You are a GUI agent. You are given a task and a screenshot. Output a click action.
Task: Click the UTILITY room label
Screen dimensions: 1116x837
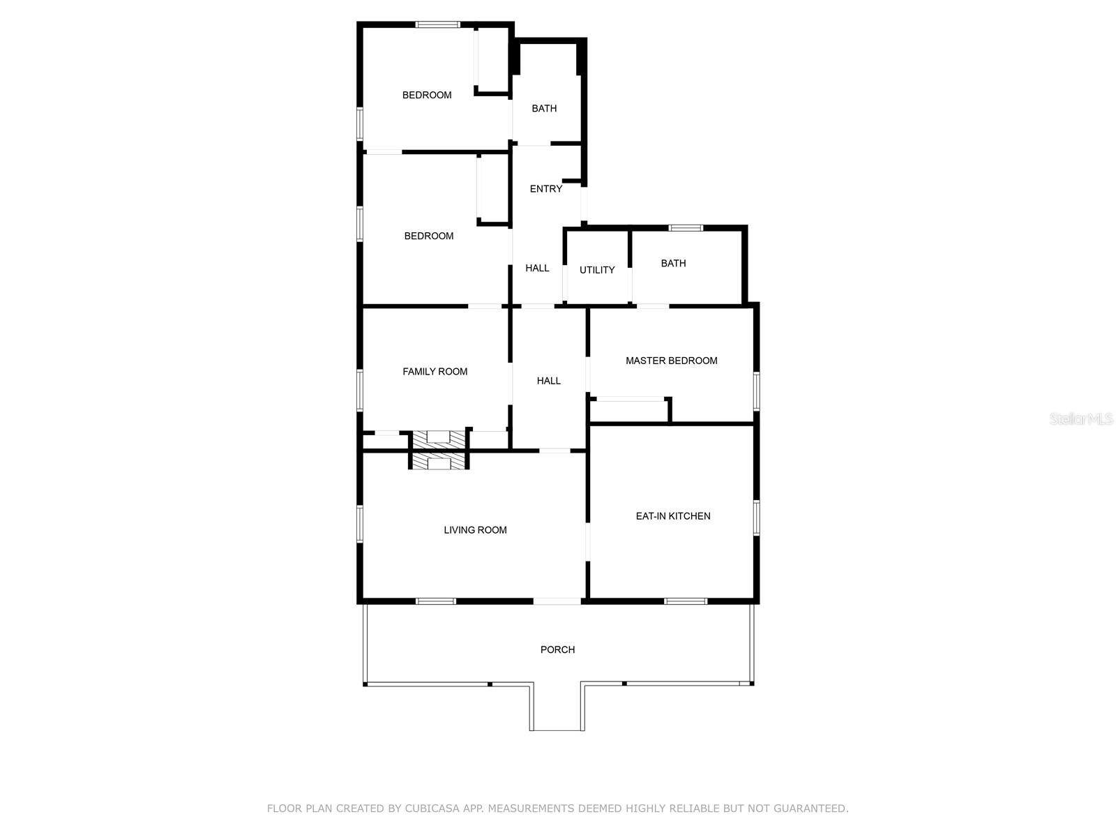(596, 270)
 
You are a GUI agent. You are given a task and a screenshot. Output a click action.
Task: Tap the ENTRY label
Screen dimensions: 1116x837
(545, 189)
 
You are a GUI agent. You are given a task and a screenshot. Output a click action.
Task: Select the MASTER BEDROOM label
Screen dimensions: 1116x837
(671, 361)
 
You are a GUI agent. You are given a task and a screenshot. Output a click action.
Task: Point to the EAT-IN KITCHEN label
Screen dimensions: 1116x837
(672, 516)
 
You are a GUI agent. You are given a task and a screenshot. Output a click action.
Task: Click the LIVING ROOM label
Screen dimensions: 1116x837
(475, 530)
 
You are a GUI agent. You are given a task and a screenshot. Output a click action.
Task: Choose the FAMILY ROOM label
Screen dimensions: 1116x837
(435, 372)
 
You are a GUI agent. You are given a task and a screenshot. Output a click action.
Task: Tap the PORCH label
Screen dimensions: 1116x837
(557, 650)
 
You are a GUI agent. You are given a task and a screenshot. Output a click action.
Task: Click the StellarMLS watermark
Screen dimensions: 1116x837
(1081, 418)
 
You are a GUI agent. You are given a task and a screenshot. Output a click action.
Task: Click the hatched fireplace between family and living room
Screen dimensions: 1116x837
(438, 450)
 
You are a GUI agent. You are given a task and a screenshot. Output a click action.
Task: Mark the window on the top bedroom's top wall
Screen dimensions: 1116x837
(437, 24)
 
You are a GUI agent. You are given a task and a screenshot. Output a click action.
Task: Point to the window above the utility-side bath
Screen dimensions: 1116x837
(686, 228)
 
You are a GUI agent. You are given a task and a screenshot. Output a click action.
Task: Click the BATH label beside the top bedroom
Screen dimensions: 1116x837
(544, 109)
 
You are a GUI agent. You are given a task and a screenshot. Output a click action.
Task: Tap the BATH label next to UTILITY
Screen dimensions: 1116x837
(673, 263)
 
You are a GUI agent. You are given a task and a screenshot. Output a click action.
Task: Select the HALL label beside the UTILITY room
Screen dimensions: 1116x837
(537, 269)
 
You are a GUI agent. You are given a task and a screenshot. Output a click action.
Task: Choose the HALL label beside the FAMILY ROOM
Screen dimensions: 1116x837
(549, 381)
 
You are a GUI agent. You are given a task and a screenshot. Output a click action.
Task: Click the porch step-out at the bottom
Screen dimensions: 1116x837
(557, 707)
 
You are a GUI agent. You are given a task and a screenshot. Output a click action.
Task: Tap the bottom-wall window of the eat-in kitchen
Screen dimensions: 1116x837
(686, 602)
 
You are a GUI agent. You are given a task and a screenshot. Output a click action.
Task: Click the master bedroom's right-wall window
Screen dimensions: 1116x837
(756, 391)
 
